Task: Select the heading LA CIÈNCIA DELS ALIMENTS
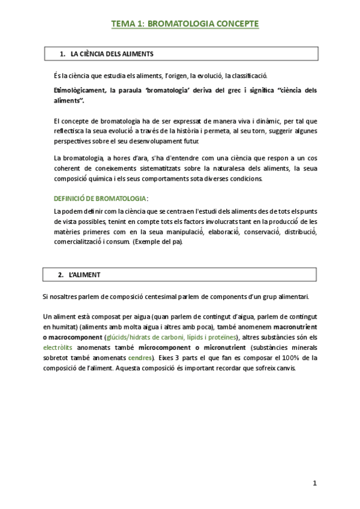click(x=112, y=54)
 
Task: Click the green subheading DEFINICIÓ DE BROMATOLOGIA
click(x=100, y=198)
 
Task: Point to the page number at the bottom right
click(x=314, y=483)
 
